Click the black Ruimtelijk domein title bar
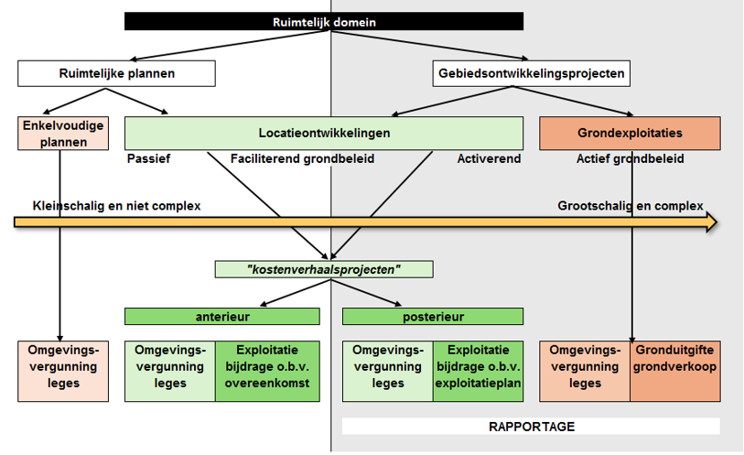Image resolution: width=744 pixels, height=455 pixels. pyautogui.click(x=324, y=21)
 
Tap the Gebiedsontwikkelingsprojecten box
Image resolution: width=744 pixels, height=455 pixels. pyautogui.click(x=531, y=72)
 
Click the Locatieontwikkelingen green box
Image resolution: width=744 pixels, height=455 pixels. pyautogui.click(x=324, y=133)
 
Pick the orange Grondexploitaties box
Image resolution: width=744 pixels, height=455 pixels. pyautogui.click(x=630, y=133)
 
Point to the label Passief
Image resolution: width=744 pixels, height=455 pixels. pyautogui.click(x=148, y=158)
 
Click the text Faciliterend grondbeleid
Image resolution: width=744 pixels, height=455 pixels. pyautogui.click(x=301, y=158)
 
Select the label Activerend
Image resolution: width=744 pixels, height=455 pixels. pyautogui.click(x=489, y=158)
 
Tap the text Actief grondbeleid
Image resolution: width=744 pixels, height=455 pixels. pyautogui.click(x=630, y=158)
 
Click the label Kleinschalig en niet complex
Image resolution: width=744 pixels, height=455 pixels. pyautogui.click(x=116, y=205)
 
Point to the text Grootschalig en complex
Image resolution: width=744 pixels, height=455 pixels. pyautogui.click(x=631, y=205)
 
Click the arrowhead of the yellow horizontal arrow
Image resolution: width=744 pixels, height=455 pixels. pyautogui.click(x=710, y=222)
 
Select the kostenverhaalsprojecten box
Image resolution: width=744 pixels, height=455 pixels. pyautogui.click(x=324, y=269)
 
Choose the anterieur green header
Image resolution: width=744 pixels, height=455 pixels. pyautogui.click(x=222, y=316)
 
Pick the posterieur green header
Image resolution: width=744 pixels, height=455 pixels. pyautogui.click(x=433, y=316)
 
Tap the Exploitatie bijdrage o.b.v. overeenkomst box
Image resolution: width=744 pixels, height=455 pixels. pyautogui.click(x=267, y=371)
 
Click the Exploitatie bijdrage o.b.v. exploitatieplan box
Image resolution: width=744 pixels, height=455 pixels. pyautogui.click(x=478, y=371)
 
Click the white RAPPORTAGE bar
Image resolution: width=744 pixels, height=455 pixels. pyautogui.click(x=531, y=427)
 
